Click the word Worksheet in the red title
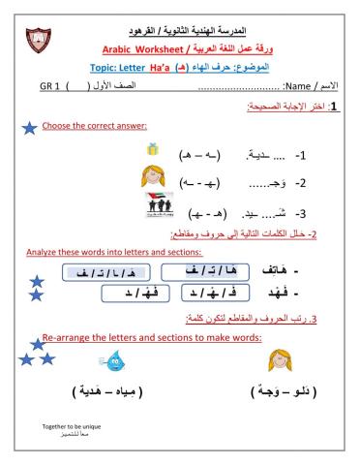pos(154,48)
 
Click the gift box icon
pos(150,149)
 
